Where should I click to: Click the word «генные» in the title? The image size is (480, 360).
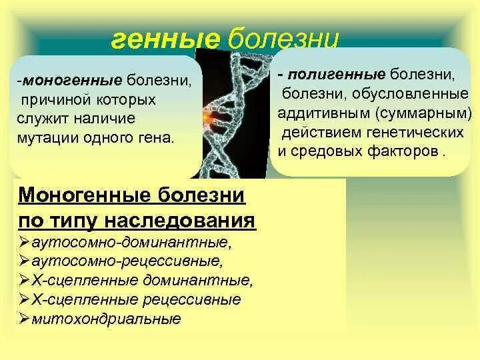pyautogui.click(x=165, y=39)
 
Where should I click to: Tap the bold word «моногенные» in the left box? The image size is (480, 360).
pyautogui.click(x=73, y=81)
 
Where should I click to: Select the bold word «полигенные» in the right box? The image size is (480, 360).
pyautogui.click(x=336, y=75)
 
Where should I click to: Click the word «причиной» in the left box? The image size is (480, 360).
pyautogui.click(x=56, y=101)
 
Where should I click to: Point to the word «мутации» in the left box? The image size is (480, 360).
pyautogui.click(x=47, y=139)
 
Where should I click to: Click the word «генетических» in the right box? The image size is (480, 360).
pyautogui.click(x=415, y=132)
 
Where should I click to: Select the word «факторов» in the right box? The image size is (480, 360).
pyautogui.click(x=403, y=151)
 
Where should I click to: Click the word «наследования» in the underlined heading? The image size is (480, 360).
pyautogui.click(x=180, y=220)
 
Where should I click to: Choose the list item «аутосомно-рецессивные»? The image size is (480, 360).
pyautogui.click(x=127, y=261)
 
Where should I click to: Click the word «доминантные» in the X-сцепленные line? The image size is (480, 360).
pyautogui.click(x=197, y=280)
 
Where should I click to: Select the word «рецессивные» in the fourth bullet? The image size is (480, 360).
pyautogui.click(x=192, y=300)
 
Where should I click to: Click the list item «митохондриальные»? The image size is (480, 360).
pyautogui.click(x=106, y=319)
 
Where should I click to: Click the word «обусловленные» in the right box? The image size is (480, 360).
pyautogui.click(x=410, y=94)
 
